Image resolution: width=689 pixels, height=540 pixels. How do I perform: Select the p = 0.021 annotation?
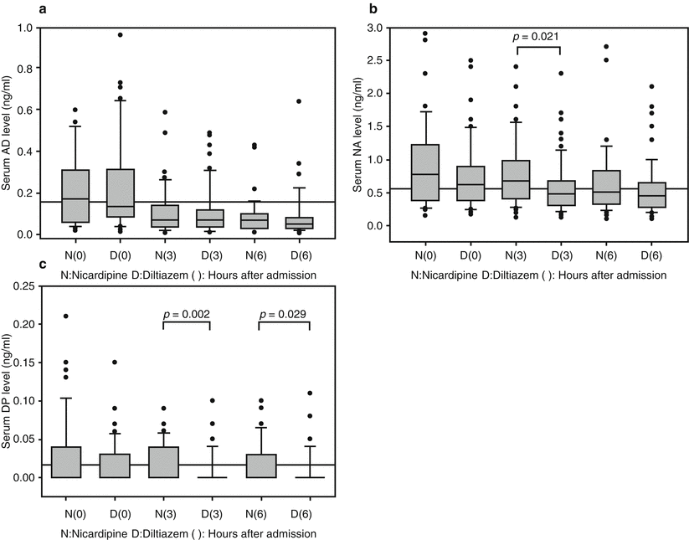(533, 36)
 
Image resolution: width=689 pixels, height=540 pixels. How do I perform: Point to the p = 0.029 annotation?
(284, 314)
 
